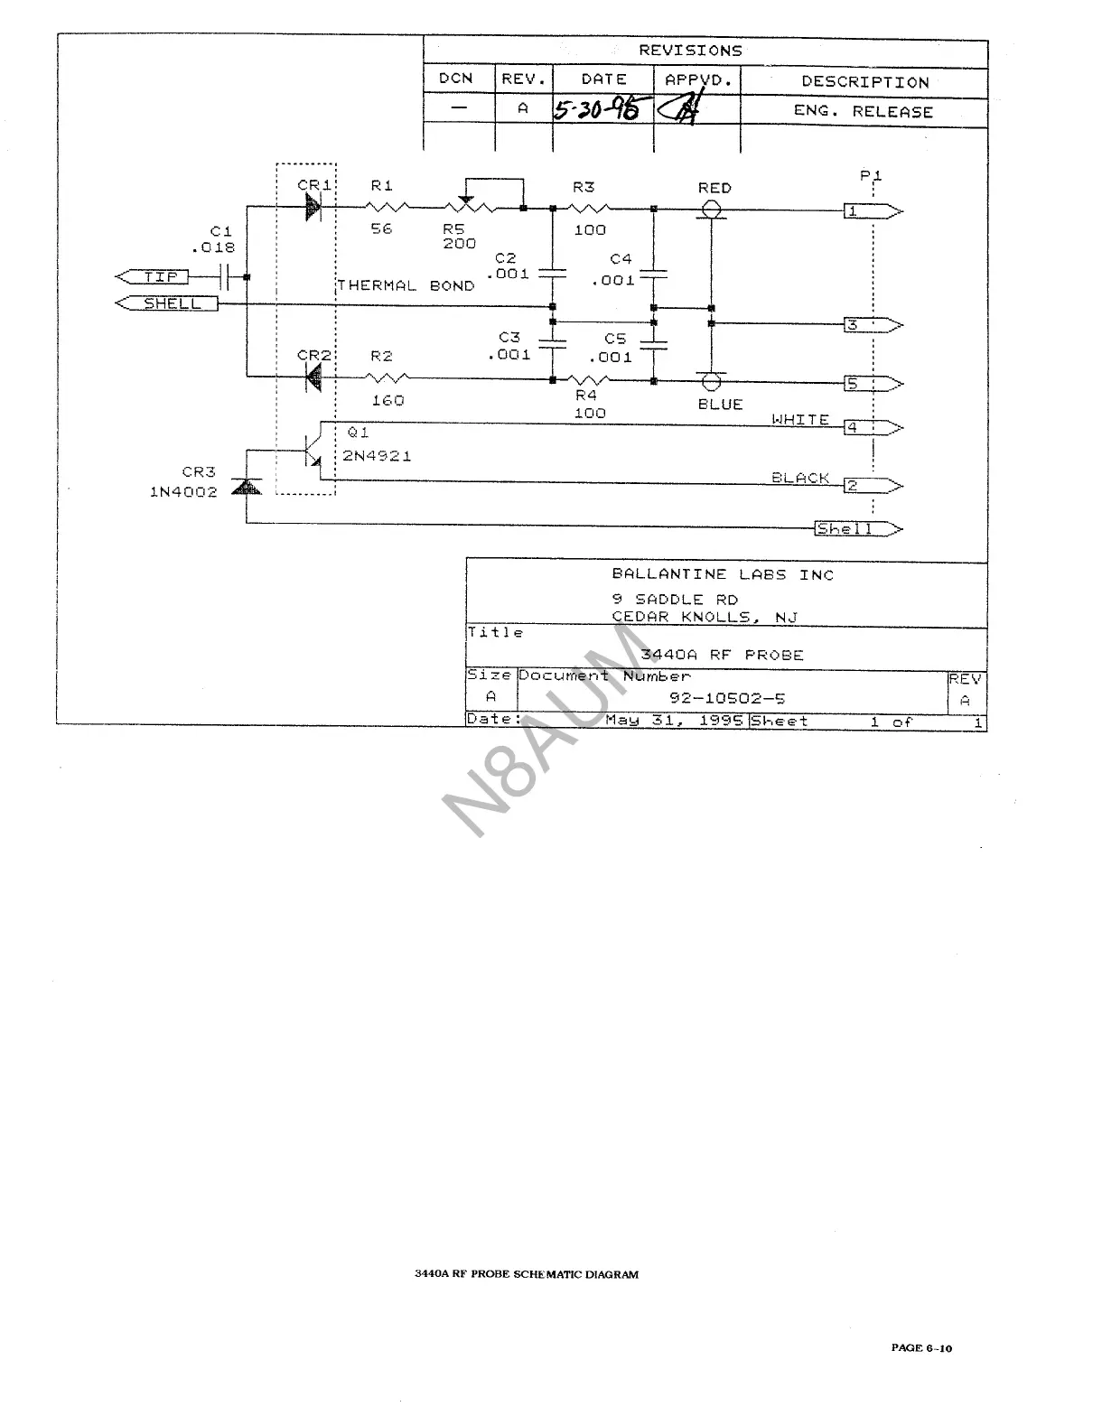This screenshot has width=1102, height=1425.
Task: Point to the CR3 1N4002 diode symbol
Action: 246,487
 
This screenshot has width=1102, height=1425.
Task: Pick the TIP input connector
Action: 153,276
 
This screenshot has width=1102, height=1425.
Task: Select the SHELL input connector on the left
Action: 169,303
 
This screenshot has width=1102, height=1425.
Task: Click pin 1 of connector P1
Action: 871,212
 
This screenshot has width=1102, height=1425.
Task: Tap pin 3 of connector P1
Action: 871,325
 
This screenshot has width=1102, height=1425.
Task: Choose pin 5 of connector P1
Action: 871,384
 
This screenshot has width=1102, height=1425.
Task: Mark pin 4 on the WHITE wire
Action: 871,427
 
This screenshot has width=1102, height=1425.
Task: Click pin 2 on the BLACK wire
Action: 871,486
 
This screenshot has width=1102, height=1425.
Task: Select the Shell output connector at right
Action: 856,529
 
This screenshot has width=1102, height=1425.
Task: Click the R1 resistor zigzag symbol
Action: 388,208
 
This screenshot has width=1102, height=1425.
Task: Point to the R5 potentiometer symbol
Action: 467,208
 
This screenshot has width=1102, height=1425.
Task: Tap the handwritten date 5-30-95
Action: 597,110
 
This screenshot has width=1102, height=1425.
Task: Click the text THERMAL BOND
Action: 406,285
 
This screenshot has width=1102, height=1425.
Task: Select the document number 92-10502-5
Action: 726,698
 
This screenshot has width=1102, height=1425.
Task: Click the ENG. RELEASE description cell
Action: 863,112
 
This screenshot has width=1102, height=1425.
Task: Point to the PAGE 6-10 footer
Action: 921,1348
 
